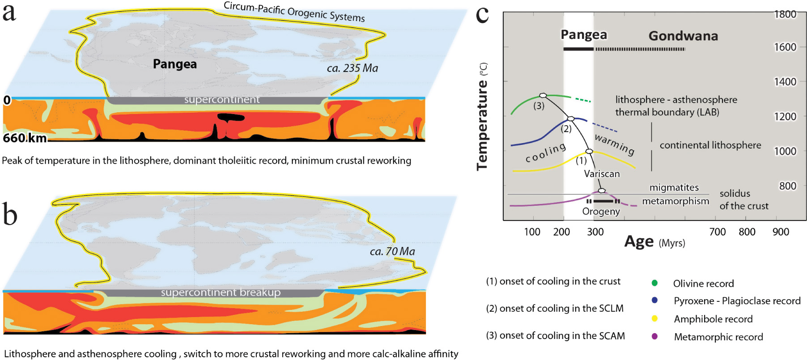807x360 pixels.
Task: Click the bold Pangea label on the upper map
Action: pos(174,64)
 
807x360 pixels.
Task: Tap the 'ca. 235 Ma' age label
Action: pos(352,68)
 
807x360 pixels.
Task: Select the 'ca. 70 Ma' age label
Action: pos(392,251)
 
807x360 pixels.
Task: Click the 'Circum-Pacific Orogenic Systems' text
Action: pos(294,12)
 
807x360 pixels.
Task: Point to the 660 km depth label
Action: pos(25,138)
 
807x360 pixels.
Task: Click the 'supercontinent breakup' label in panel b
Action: pos(221,292)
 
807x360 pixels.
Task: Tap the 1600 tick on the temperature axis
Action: pos(785,47)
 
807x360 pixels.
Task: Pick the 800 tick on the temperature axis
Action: pos(787,186)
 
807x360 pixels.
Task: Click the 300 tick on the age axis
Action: pos(595,232)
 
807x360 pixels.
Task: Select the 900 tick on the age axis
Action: pos(781,232)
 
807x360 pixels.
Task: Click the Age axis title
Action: pos(639,241)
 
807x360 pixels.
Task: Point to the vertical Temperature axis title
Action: pos(482,125)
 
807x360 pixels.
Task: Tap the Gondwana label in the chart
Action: pos(683,36)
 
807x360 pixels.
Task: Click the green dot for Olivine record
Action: pos(654,283)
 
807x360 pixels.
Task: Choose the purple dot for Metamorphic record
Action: pos(654,336)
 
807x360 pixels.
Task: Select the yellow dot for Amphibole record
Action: pos(654,318)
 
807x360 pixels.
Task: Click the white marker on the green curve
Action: pos(543,95)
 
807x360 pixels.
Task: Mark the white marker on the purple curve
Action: pos(602,191)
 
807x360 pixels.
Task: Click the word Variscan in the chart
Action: pos(602,174)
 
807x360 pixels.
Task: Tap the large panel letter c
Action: pos(482,14)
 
